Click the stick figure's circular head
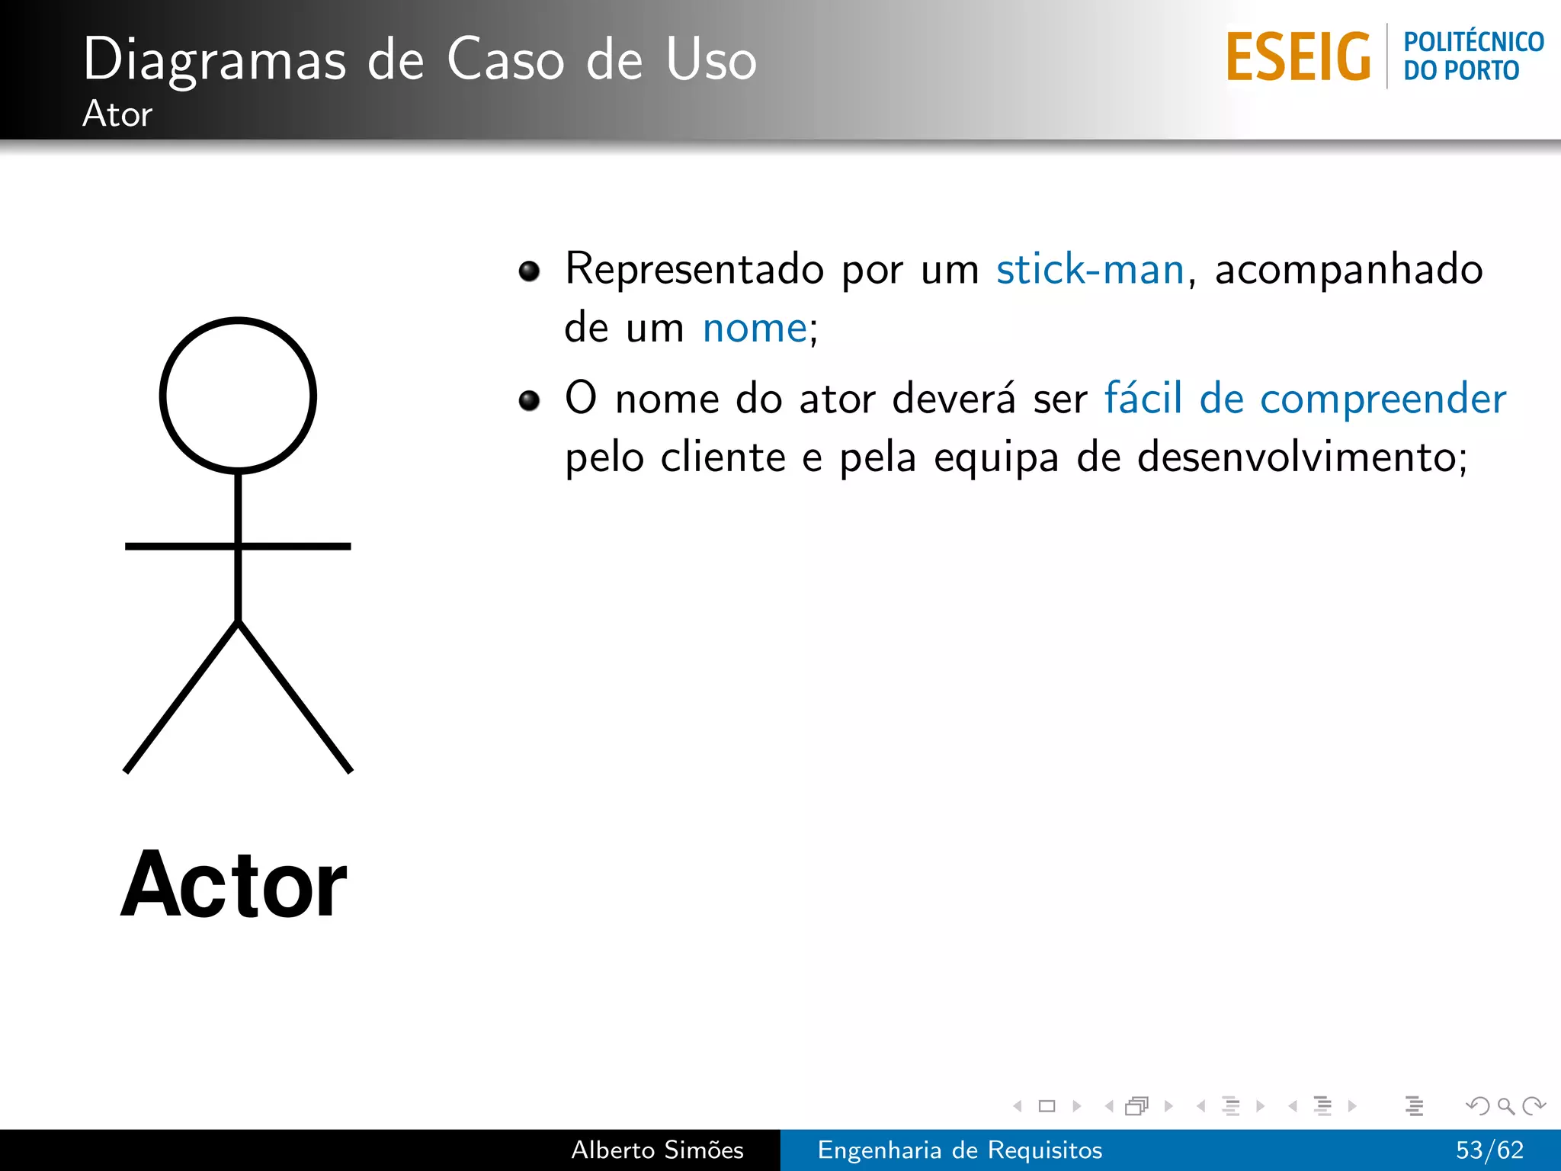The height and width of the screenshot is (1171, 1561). point(238,395)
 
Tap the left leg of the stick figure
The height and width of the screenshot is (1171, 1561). point(181,697)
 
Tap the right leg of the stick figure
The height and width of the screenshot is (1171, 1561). point(295,697)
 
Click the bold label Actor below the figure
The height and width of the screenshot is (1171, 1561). point(234,885)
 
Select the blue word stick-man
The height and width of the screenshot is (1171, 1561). point(1090,270)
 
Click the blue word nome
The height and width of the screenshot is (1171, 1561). point(755,329)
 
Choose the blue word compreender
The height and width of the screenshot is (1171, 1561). point(1383,399)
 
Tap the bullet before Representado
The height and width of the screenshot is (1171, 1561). point(529,271)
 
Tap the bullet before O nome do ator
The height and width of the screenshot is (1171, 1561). point(529,400)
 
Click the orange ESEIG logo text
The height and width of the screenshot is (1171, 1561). point(1298,57)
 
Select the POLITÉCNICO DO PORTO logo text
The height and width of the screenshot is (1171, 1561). point(1473,56)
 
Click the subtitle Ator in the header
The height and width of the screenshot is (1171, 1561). point(117,114)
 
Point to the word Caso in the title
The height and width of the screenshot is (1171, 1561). point(505,59)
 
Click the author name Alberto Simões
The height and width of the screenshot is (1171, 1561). point(657,1150)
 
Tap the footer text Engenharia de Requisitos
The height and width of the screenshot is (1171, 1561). point(960,1150)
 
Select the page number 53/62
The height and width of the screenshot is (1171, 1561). point(1489,1150)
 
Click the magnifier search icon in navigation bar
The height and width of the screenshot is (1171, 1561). point(1505,1105)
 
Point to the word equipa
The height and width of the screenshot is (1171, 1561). point(996,458)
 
